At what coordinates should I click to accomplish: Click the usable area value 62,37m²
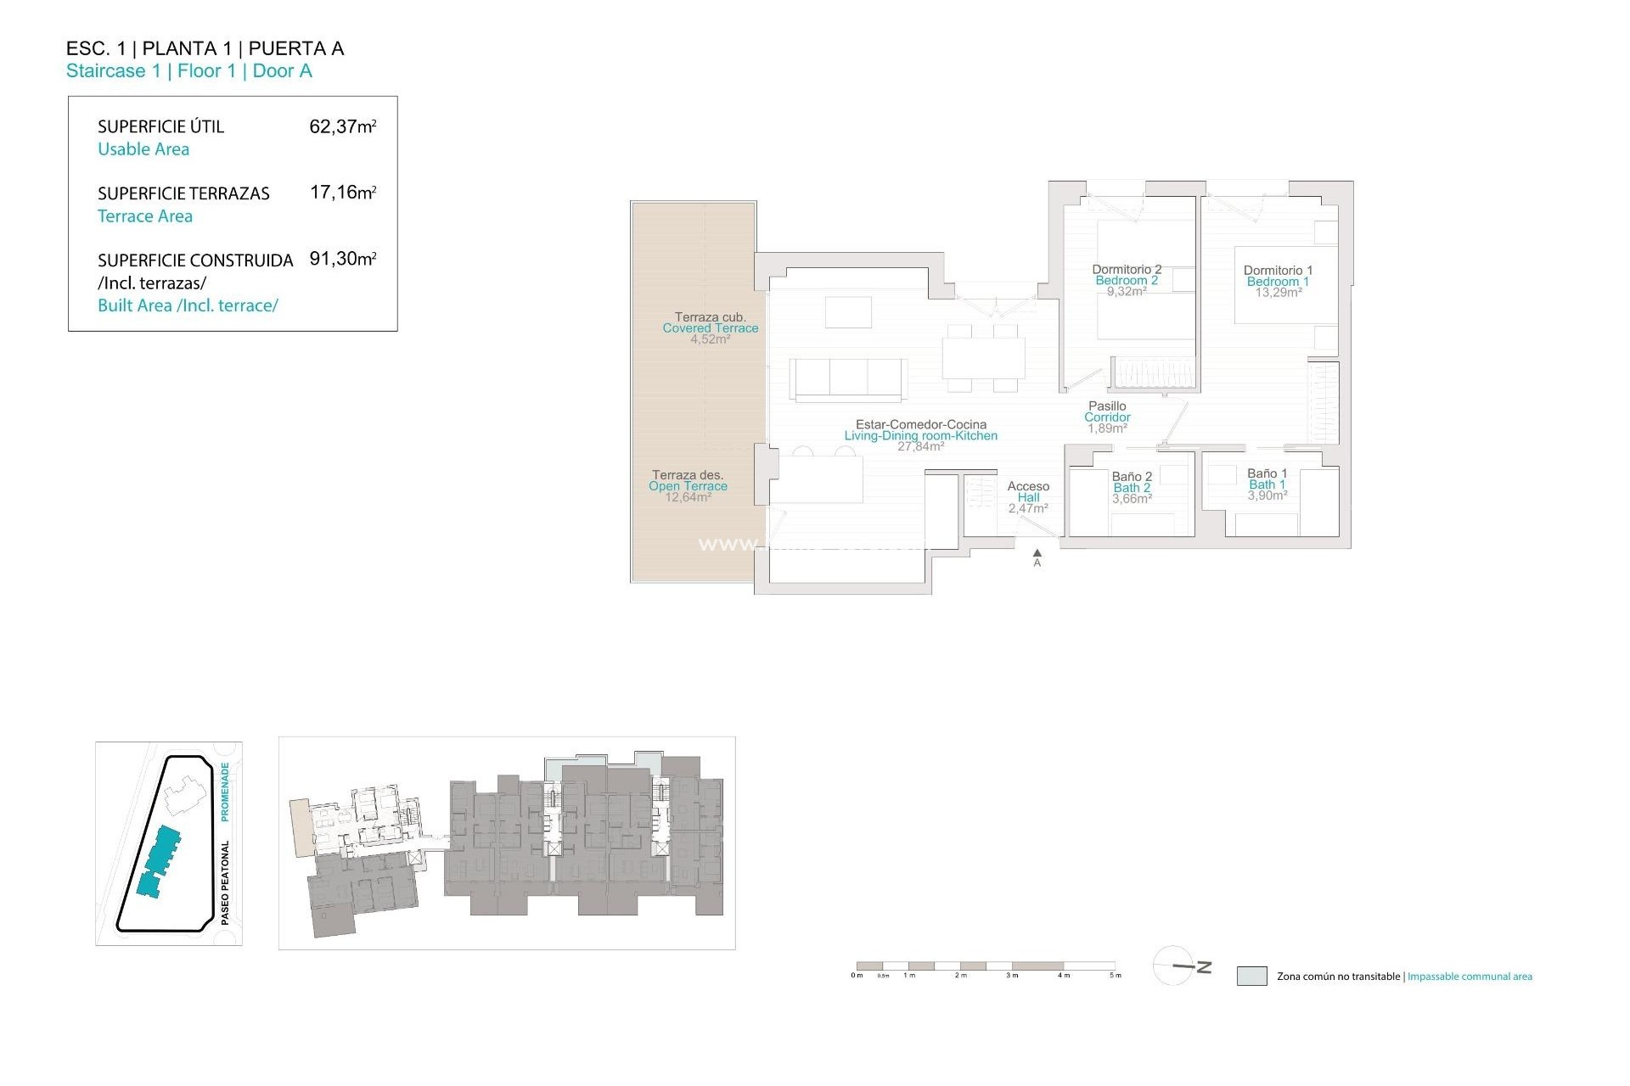[342, 126]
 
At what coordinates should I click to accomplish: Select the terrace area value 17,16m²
[342, 193]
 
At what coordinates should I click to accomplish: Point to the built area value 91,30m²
[342, 259]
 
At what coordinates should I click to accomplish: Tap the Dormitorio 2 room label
[1127, 270]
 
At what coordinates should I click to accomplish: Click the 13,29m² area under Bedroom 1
[1279, 293]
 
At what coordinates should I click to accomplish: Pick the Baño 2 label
[1132, 477]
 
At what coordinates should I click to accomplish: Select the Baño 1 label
[1267, 473]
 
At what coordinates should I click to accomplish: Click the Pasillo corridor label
[1107, 406]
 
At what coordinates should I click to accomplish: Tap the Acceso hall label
[1028, 486]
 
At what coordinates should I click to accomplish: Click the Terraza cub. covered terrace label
[710, 317]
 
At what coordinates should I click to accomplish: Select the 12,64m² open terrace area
[688, 497]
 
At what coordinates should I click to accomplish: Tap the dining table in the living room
[982, 358]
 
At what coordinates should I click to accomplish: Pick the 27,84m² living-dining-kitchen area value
[920, 446]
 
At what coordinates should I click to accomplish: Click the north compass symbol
[1180, 966]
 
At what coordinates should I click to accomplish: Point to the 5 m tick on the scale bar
[1116, 976]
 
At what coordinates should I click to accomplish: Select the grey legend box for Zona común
[1251, 976]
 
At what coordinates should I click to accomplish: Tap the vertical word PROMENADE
[225, 792]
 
